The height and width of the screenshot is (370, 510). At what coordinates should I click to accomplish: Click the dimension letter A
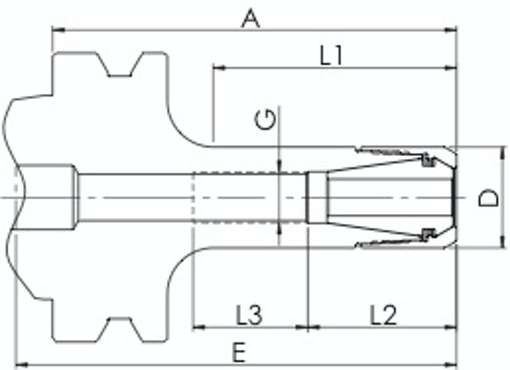(251, 18)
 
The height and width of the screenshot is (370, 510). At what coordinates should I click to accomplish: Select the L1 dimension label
(331, 55)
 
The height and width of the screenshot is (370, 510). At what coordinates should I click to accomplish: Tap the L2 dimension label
(384, 315)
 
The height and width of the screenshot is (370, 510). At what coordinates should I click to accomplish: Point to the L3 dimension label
(249, 315)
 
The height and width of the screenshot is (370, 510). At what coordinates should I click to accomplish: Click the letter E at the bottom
(239, 352)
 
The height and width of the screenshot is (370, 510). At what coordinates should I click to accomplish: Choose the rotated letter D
(488, 197)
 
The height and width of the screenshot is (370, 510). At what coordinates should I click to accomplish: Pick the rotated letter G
(265, 120)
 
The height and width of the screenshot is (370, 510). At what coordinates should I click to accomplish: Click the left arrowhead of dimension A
(58, 30)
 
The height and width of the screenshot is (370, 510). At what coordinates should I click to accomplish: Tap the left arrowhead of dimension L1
(219, 68)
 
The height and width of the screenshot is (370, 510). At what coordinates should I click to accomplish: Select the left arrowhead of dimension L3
(199, 328)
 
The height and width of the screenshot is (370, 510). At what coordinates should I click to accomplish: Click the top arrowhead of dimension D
(503, 153)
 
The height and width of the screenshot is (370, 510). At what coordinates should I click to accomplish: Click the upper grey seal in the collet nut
(428, 160)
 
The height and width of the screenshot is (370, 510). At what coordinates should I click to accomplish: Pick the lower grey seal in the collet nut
(428, 234)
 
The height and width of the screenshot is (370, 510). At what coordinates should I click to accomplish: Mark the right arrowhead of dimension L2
(451, 328)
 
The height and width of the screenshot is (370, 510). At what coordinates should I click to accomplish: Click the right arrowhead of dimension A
(451, 30)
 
